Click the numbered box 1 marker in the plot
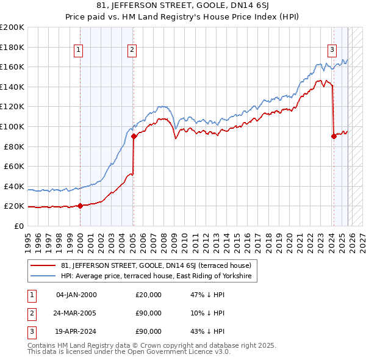(79, 51)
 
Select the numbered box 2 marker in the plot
(132, 51)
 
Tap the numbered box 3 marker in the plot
(332, 51)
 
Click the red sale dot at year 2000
(80, 206)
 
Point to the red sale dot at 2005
(134, 137)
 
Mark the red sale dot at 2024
(334, 137)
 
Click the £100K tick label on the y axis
(12, 126)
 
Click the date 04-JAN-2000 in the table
(76, 295)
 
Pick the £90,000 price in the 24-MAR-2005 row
(149, 314)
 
